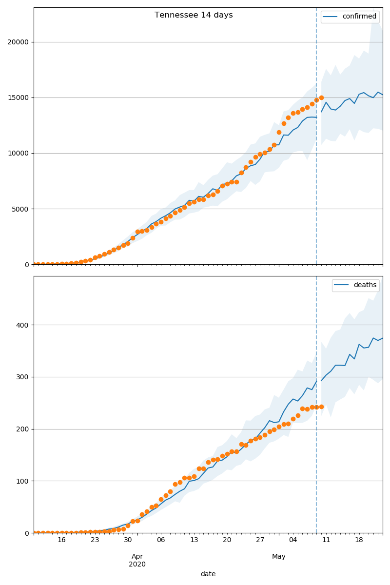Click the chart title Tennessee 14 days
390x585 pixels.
pyautogui.click(x=194, y=15)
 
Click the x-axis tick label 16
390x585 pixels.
pyautogui.click(x=61, y=540)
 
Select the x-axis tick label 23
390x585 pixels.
pyautogui.click(x=95, y=540)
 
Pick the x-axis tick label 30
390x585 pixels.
pyautogui.click(x=128, y=540)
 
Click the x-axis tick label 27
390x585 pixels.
pyautogui.click(x=260, y=540)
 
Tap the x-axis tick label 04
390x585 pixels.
pyautogui.click(x=293, y=540)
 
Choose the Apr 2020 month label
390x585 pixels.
pyautogui.click(x=137, y=560)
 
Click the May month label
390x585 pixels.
pyautogui.click(x=279, y=556)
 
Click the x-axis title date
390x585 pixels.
pyautogui.click(x=208, y=574)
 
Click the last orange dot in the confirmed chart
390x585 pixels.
pyautogui.click(x=321, y=97)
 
